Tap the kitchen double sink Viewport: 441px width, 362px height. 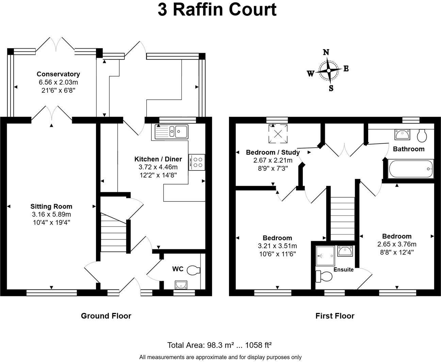click(x=171, y=131)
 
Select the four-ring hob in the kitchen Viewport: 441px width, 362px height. click(x=197, y=162)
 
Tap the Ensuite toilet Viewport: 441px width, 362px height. click(x=323, y=276)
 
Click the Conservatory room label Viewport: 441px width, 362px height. click(x=58, y=74)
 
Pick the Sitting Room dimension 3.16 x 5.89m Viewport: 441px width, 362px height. click(x=51, y=214)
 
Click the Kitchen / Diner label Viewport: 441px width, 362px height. click(x=158, y=159)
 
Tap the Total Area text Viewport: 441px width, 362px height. click(x=219, y=345)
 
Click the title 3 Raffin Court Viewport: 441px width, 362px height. click(x=217, y=10)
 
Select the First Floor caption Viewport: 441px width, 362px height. click(x=335, y=316)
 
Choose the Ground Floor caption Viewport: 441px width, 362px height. click(x=106, y=316)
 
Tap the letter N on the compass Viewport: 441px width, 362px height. click(x=326, y=52)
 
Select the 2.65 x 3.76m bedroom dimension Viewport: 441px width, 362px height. click(x=397, y=244)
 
